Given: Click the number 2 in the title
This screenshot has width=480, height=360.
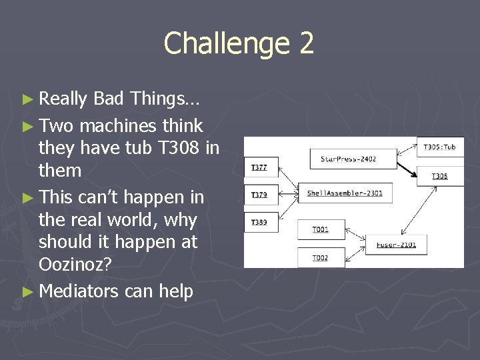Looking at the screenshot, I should (306, 43).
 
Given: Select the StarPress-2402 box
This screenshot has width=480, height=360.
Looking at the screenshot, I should (348, 159).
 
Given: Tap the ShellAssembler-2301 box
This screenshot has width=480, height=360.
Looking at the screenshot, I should (345, 193).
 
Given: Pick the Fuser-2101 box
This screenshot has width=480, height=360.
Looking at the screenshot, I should (395, 245).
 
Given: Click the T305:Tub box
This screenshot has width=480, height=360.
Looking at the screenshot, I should (439, 147).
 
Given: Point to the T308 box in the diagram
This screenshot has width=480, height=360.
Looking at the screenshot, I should (439, 176).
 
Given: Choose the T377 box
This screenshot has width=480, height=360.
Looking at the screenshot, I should (259, 167).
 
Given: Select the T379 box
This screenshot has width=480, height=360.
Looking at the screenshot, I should (259, 195).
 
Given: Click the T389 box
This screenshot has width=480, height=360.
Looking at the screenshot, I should (259, 222).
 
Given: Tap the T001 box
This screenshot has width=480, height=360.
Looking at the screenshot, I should (321, 229).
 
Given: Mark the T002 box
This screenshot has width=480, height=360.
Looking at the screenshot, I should (321, 257).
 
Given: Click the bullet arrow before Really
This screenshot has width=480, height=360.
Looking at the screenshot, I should (27, 99).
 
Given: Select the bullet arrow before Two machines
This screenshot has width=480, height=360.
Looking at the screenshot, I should (27, 126).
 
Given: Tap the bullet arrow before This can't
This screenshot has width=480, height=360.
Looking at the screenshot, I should (27, 198).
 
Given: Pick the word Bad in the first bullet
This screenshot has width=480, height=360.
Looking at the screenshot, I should (109, 99).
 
